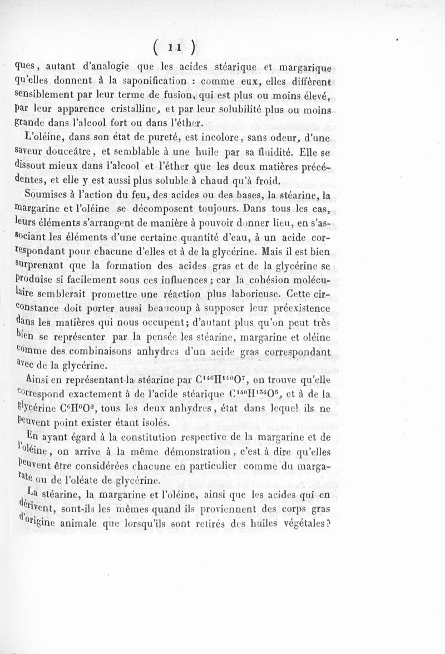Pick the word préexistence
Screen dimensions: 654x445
tap(300, 308)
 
